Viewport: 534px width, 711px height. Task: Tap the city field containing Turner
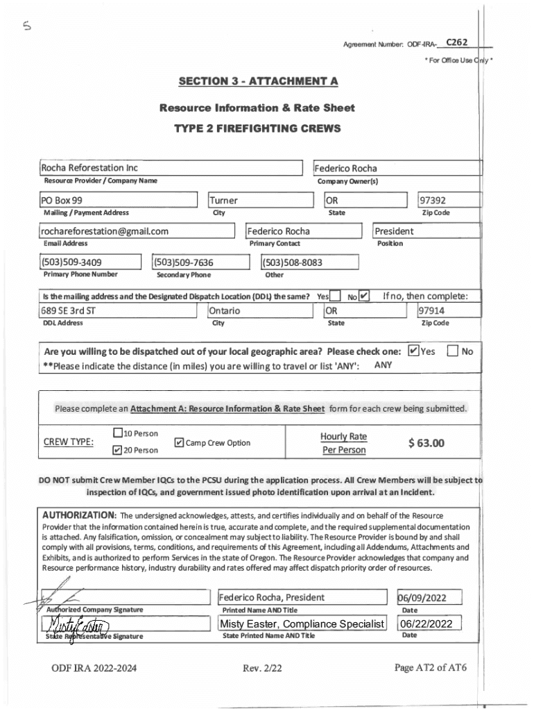point(224,201)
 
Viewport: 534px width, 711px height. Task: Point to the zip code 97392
point(434,201)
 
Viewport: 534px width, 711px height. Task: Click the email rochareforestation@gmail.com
point(105,231)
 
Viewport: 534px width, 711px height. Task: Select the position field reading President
point(394,231)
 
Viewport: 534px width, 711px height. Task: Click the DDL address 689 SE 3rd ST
point(68,310)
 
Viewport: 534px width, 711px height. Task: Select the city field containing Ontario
point(225,310)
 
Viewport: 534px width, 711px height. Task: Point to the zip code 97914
point(432,310)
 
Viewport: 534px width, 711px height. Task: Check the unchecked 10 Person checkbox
point(117,434)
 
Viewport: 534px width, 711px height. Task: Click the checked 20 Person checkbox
point(117,451)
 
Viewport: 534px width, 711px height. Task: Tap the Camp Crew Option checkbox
point(179,443)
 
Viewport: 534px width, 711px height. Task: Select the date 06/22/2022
point(427,624)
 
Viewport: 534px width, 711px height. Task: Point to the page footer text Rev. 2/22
point(262,668)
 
